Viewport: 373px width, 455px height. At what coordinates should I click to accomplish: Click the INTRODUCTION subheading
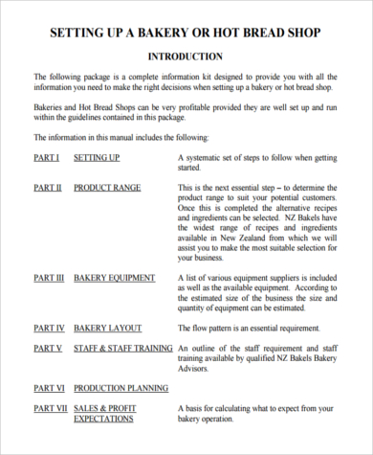[186, 57]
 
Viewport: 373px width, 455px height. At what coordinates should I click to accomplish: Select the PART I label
[47, 155]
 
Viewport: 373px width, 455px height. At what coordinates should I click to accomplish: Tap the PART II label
[48, 188]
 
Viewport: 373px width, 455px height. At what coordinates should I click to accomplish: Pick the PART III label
[50, 278]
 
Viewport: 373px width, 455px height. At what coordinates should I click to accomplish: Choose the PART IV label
[49, 328]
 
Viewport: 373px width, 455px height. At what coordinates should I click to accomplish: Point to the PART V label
[48, 349]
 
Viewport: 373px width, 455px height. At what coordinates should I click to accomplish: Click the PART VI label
[49, 388]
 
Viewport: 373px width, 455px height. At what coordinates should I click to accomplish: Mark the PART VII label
[51, 408]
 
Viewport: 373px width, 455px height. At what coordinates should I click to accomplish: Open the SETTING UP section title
[97, 155]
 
